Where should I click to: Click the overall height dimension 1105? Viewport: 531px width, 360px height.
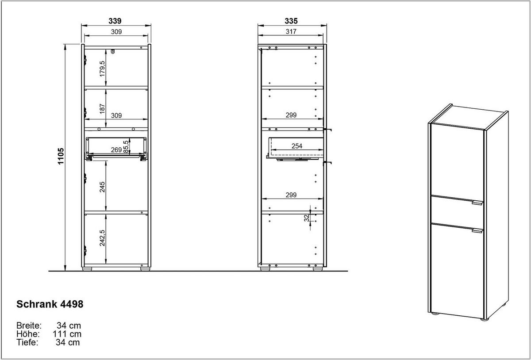point(61,156)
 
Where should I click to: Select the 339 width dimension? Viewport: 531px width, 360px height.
point(115,21)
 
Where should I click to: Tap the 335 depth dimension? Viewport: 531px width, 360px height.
point(291,21)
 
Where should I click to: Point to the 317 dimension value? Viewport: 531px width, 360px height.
point(291,31)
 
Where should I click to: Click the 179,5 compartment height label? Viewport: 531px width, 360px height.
point(102,69)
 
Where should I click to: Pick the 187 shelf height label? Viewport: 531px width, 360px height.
point(102,108)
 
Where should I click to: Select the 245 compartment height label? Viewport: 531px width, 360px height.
point(102,187)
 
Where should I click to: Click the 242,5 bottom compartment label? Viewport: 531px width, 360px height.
point(102,238)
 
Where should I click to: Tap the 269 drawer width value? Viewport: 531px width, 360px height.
point(116,150)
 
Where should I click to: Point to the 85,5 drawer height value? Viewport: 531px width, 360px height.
point(126,146)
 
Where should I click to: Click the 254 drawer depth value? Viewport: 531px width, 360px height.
point(297,146)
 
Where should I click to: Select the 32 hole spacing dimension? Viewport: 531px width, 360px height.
point(307,218)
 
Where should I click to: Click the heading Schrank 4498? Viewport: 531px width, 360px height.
point(50,304)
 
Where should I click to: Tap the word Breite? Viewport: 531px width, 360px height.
point(29,326)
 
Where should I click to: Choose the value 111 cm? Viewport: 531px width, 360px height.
point(67,334)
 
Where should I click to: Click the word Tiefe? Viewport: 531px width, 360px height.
point(27,342)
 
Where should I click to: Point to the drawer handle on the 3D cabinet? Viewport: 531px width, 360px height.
point(477,203)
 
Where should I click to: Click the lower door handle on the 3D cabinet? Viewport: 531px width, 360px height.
point(477,230)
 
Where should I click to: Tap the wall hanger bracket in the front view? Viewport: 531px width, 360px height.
point(113,51)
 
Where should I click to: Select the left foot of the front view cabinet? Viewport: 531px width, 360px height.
point(87,269)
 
